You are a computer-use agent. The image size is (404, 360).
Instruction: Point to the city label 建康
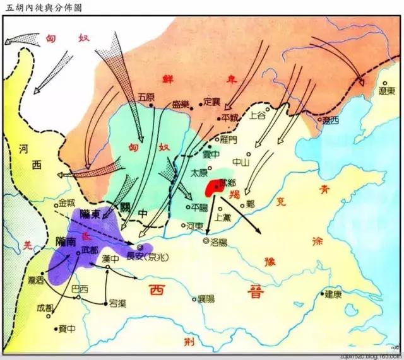[336, 294]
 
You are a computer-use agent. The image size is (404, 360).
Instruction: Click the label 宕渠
[118, 303]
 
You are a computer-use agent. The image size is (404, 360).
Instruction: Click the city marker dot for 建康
[323, 294]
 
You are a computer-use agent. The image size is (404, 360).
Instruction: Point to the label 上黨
[223, 216]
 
